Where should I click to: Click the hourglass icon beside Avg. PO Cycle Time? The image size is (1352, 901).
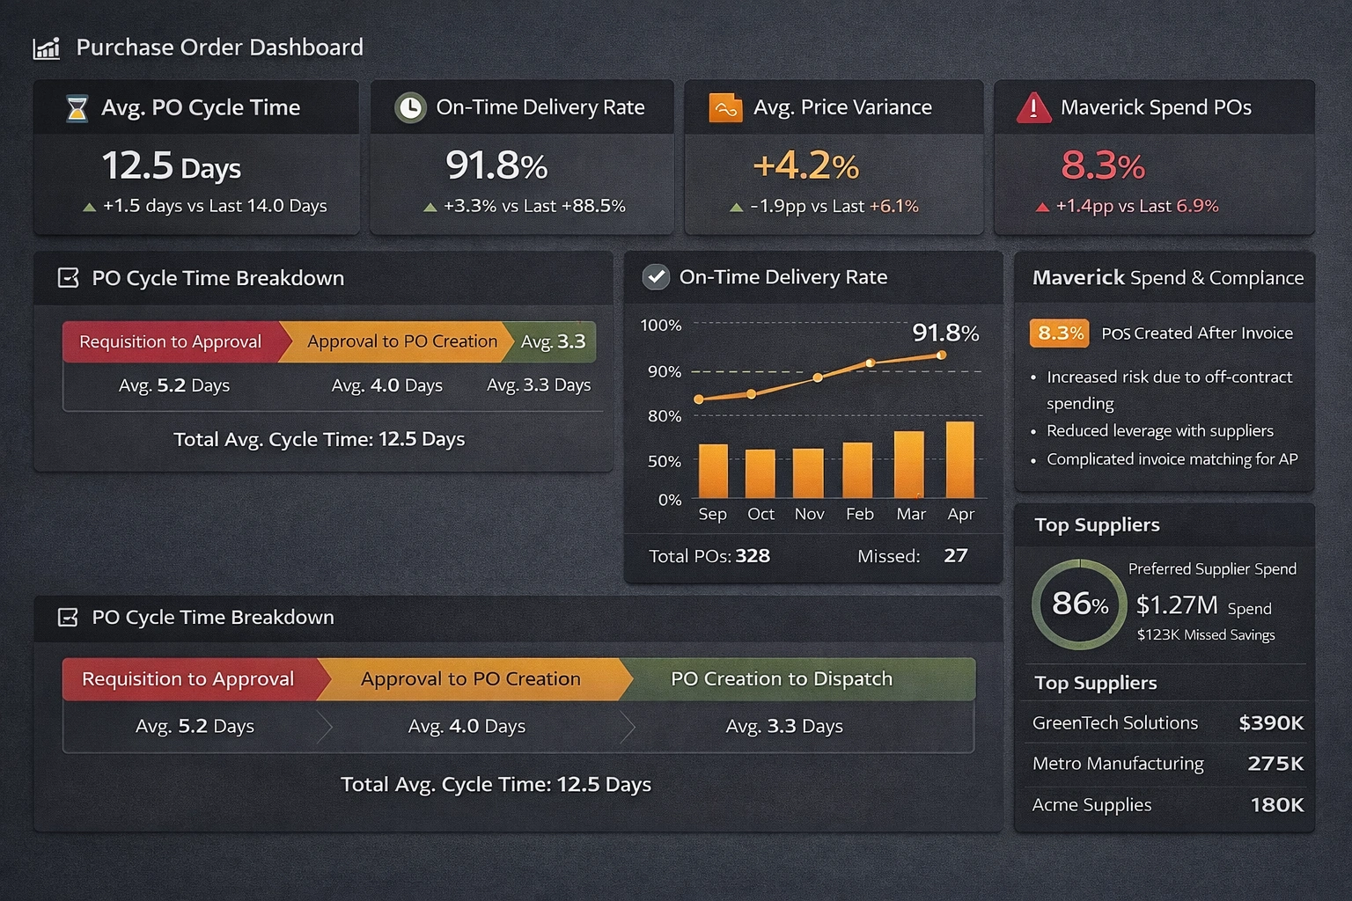click(x=77, y=108)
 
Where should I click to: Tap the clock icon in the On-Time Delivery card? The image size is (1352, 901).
click(x=409, y=107)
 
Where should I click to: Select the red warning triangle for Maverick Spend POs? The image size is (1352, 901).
click(x=1033, y=108)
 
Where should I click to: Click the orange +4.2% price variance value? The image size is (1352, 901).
click(x=805, y=165)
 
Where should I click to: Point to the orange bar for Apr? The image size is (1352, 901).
click(x=959, y=460)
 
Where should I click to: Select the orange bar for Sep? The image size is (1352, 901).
click(x=713, y=472)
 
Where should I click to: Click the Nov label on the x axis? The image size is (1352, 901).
click(x=809, y=514)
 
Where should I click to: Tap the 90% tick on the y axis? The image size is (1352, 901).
click(x=665, y=371)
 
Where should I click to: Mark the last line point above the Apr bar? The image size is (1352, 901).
click(x=942, y=355)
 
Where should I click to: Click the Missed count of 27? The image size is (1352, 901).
click(x=955, y=556)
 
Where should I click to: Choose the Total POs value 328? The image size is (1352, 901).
click(x=753, y=556)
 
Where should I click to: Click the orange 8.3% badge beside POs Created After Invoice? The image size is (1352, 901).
click(x=1060, y=333)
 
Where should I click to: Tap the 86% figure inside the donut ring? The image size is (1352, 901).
click(x=1079, y=604)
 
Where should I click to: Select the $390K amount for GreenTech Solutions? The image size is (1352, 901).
click(x=1270, y=723)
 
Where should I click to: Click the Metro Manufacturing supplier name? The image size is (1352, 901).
click(x=1118, y=764)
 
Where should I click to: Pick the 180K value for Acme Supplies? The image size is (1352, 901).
click(x=1276, y=805)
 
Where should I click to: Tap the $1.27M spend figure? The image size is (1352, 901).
click(x=1177, y=605)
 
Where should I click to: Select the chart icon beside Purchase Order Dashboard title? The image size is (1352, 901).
click(x=47, y=48)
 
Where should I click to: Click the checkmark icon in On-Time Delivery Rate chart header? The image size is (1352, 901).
click(x=656, y=277)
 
